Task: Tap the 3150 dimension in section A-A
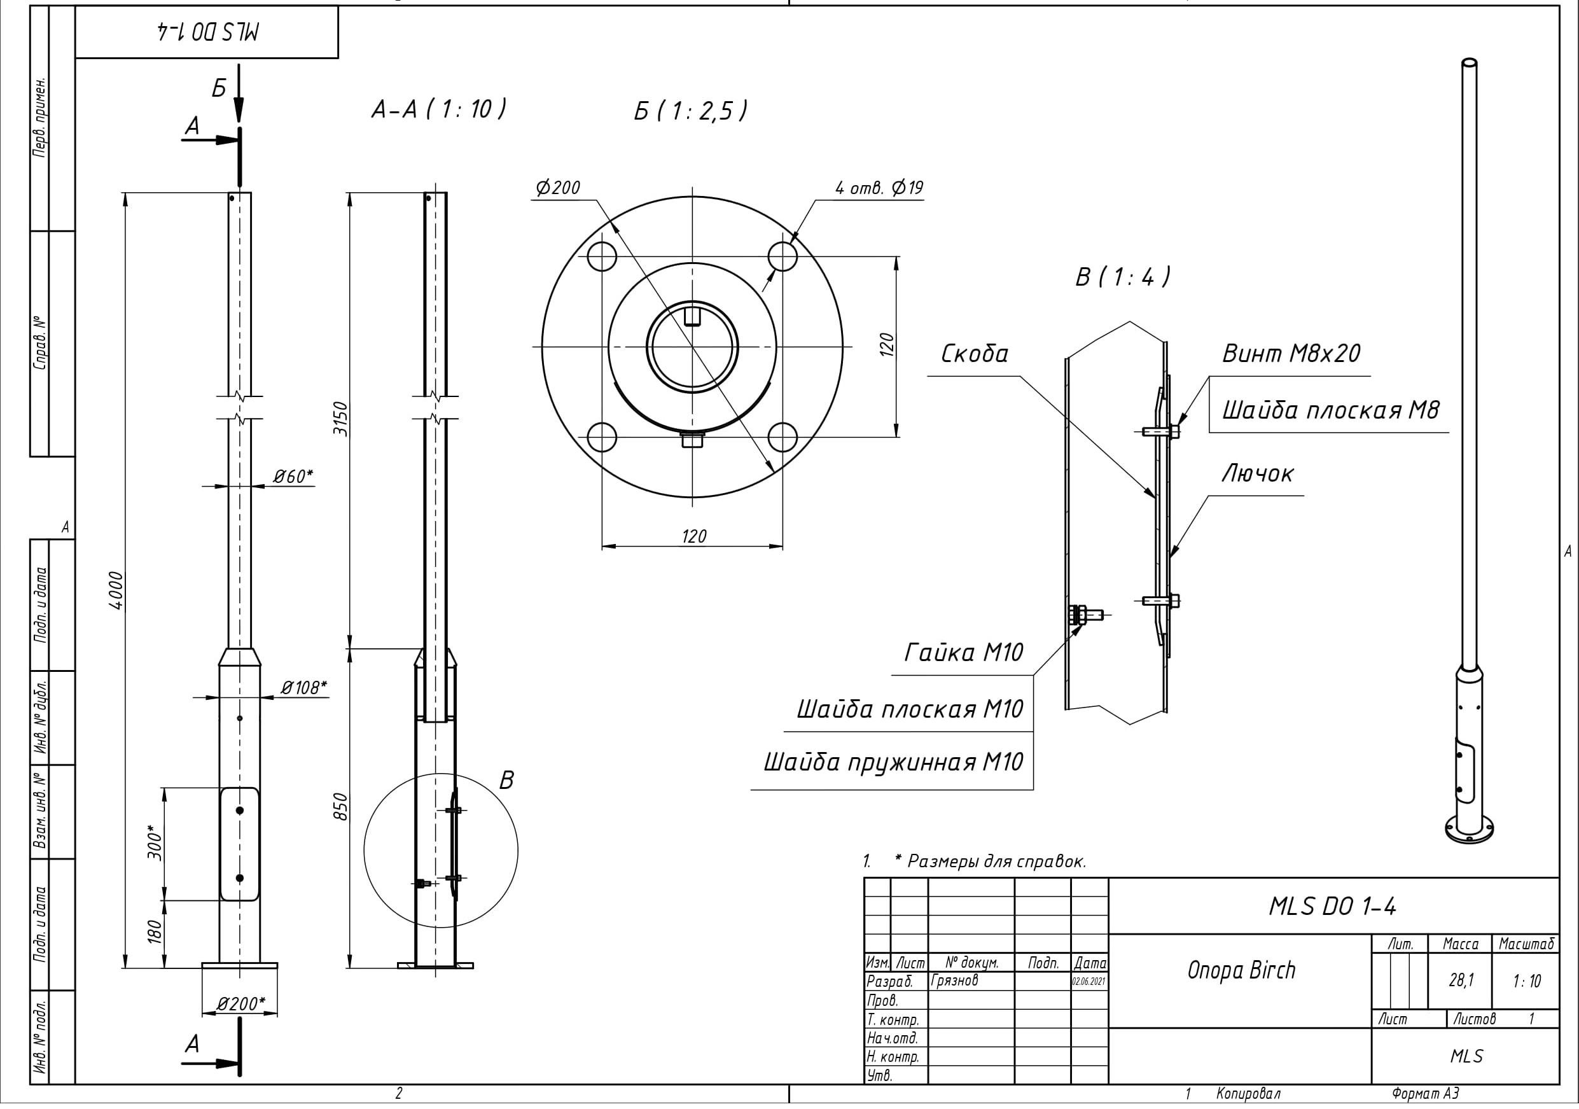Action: [341, 418]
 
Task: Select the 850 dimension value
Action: [341, 806]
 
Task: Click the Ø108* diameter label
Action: [303, 687]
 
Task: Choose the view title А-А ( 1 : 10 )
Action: [439, 109]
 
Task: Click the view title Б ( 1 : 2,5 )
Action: [690, 111]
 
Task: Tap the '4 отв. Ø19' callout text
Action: [879, 188]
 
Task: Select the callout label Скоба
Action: [974, 354]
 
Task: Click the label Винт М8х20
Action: [1291, 354]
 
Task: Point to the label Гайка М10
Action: [963, 652]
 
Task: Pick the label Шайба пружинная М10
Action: [893, 762]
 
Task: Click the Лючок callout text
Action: [1257, 473]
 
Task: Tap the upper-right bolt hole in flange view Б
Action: [783, 256]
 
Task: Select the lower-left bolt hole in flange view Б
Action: [602, 438]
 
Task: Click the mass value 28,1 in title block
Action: [1461, 980]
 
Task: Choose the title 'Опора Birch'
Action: [1241, 970]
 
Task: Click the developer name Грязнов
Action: [954, 980]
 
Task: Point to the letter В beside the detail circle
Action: [506, 780]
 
